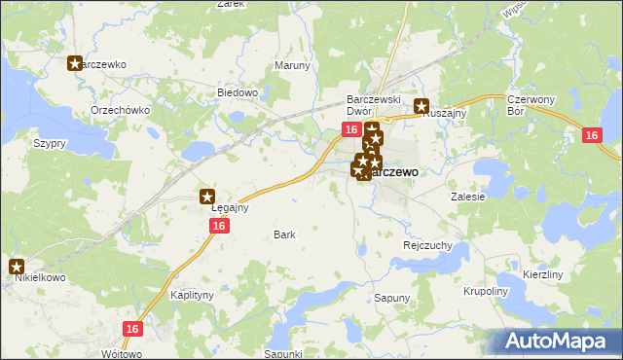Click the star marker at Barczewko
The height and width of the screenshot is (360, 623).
75,64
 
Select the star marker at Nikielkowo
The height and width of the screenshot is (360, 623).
17,265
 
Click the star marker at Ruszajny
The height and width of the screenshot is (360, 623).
421,107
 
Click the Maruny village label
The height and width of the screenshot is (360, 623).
292,66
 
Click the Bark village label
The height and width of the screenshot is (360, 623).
284,234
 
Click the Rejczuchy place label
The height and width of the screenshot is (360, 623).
427,246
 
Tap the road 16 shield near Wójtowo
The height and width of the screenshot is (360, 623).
133,330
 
